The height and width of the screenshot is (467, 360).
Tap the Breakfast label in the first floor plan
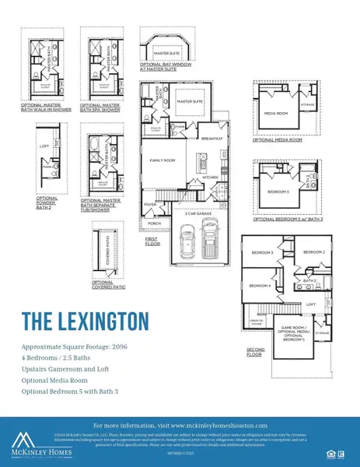tap(212, 139)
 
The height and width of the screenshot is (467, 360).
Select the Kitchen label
tap(210, 178)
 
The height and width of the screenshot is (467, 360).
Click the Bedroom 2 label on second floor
tap(313, 252)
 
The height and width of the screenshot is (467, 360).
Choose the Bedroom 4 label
tap(259, 286)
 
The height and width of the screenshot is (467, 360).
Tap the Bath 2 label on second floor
tap(309, 280)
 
